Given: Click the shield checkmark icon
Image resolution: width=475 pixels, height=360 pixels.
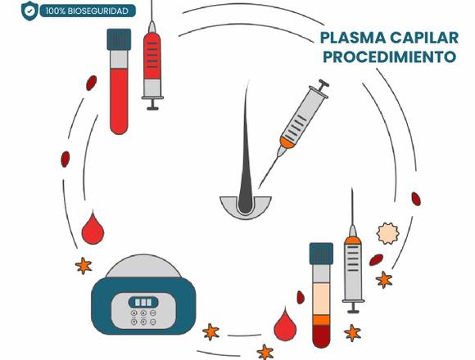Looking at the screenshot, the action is [29, 11].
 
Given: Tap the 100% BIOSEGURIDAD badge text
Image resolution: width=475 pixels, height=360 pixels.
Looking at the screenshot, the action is [87, 11].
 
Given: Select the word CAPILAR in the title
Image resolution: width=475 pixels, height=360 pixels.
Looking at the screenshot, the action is [424, 38].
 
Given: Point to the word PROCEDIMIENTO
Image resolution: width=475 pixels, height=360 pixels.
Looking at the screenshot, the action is [389, 56].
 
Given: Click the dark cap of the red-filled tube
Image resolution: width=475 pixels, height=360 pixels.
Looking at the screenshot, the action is [119, 39].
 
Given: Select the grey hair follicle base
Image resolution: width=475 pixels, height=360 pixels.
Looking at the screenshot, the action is [246, 208].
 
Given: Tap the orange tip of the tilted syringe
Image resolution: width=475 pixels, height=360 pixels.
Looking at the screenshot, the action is [287, 142].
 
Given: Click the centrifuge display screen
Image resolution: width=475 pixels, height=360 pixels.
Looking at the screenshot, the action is [143, 302].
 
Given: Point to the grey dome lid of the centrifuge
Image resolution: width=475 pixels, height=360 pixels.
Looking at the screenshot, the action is [143, 266].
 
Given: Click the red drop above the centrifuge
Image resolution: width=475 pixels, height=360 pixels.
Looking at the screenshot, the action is [93, 228].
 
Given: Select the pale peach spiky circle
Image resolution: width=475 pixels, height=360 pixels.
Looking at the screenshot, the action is [387, 233].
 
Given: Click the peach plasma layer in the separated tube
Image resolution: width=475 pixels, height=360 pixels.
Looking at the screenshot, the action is [321, 299].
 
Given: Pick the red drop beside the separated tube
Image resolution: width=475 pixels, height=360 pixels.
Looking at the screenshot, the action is [285, 324].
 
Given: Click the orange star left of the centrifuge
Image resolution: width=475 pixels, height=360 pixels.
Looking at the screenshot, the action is [84, 266].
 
